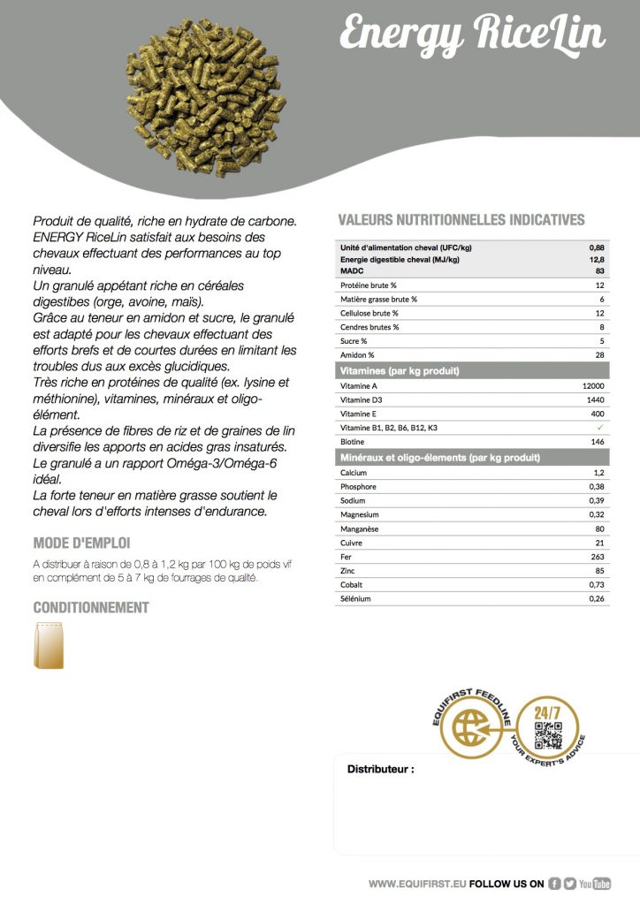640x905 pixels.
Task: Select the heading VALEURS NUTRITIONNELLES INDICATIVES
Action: pos(461,220)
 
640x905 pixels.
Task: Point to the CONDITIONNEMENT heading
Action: pos(91,607)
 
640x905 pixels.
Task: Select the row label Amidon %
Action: pos(359,354)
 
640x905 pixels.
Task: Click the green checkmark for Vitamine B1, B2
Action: pos(599,428)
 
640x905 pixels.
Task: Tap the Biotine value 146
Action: pos(597,441)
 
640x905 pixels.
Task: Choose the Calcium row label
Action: pos(354,473)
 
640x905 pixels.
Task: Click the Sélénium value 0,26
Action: pos(597,599)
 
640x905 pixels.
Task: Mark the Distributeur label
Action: pos(380,770)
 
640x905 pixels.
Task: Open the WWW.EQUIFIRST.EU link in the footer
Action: pos(417,883)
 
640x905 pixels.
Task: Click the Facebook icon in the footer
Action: pos(554,883)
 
